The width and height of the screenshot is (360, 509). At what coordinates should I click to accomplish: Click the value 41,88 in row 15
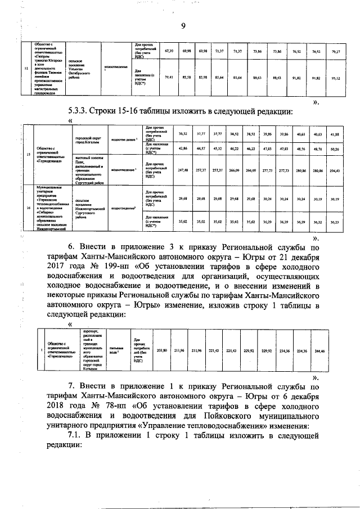tap(336, 135)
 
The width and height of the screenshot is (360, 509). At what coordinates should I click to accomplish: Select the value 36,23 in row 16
tap(336, 223)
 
